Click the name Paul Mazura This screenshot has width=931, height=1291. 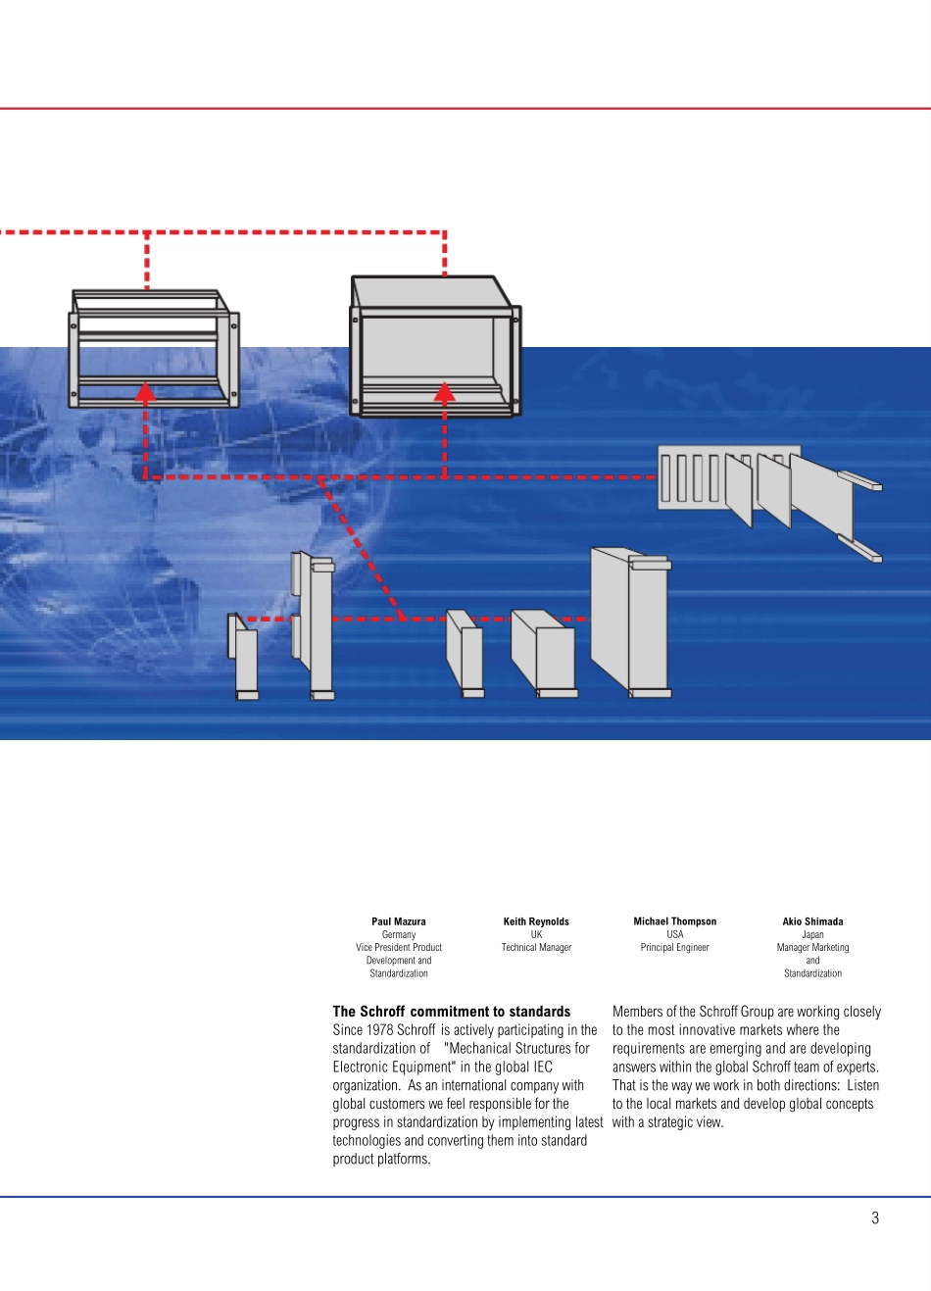399,921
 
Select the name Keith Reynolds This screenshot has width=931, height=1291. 536,921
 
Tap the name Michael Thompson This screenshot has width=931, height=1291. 674,921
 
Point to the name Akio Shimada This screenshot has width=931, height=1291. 812,921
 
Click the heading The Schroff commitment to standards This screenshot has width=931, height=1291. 451,1011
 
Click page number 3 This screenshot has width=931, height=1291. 875,1217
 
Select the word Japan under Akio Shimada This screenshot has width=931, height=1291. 812,934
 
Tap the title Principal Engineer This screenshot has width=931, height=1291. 674,947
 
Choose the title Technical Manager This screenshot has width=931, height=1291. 536,947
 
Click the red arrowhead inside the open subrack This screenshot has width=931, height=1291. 146,393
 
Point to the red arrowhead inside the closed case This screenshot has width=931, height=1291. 444,392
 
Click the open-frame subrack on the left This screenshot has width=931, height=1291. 153,348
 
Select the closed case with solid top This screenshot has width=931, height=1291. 434,346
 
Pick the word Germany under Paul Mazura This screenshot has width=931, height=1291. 399,934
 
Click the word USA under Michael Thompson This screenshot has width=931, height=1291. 674,934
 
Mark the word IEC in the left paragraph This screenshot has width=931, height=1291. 542,1067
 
